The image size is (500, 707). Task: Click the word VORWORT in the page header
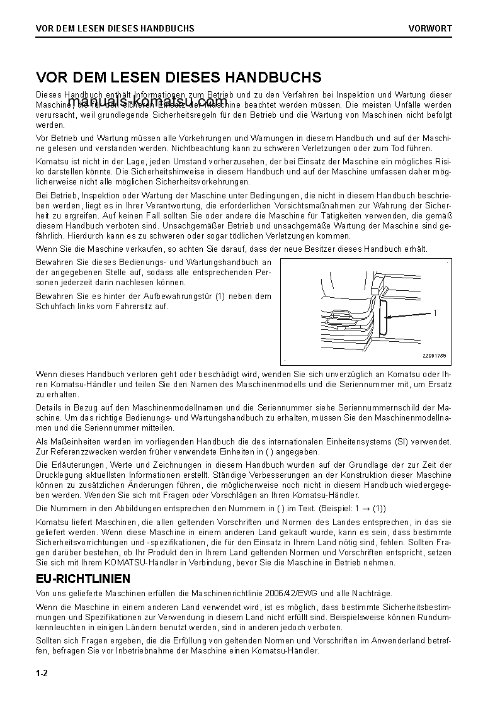[429, 28]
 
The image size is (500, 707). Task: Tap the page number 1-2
[42, 674]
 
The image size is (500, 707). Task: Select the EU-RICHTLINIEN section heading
[83, 579]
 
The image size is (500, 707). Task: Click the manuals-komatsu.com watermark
[147, 102]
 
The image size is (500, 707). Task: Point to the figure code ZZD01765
[434, 356]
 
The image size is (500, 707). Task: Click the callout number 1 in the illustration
[435, 313]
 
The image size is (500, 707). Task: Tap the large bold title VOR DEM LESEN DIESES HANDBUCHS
[179, 77]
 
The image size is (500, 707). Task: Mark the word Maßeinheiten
[75, 441]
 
